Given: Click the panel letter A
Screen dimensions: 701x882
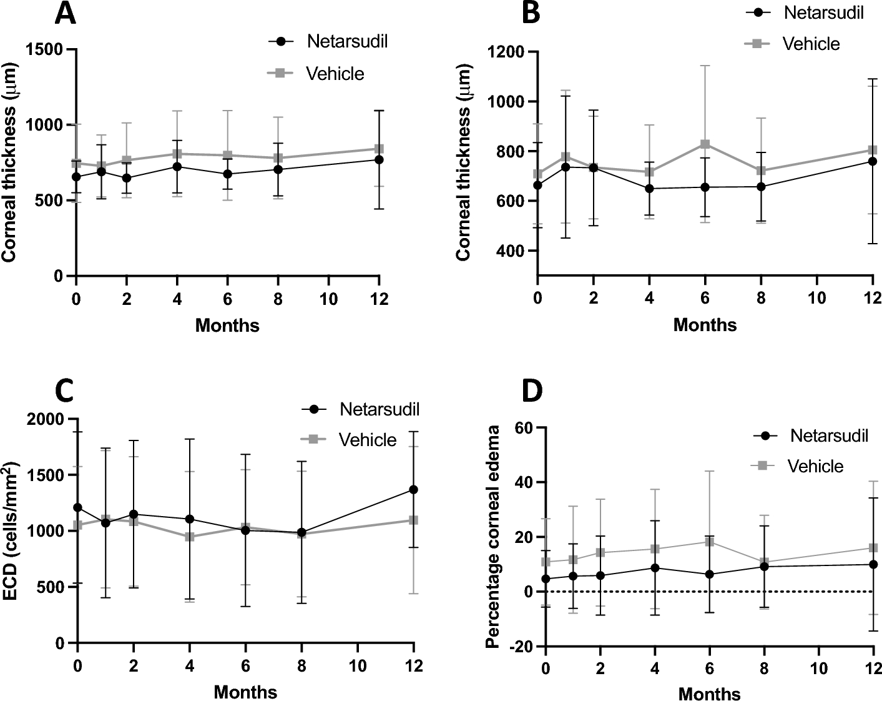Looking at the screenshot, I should (x=66, y=14).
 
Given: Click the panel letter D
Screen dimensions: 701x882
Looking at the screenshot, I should (x=532, y=390).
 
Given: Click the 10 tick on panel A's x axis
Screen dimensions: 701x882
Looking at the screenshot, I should (x=329, y=299).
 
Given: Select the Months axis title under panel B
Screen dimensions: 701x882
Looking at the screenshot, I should (x=705, y=325).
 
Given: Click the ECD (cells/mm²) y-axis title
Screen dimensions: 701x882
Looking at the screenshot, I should (x=11, y=531).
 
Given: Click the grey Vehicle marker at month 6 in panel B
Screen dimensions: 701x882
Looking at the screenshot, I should (x=705, y=144).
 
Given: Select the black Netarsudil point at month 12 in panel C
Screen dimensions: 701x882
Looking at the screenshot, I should (x=413, y=489).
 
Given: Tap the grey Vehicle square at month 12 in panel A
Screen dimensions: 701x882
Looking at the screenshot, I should (x=379, y=149).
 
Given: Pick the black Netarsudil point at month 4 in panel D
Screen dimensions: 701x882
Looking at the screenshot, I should (x=655, y=568).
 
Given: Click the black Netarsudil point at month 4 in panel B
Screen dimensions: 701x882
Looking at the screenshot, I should (x=649, y=189).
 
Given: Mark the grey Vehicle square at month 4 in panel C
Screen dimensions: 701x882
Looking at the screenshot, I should (x=189, y=537).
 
